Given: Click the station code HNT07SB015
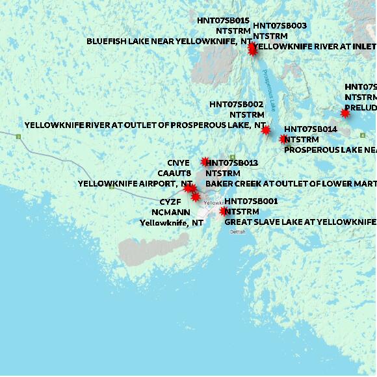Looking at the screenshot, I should (x=223, y=21).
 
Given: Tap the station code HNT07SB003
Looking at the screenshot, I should (x=279, y=26).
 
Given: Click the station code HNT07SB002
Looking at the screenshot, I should (x=236, y=104).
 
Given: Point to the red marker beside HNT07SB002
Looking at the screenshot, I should (x=265, y=130).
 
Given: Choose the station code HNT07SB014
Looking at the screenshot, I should (x=311, y=129).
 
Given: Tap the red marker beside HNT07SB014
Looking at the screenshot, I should (x=283, y=138).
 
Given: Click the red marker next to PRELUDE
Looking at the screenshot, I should (x=345, y=113).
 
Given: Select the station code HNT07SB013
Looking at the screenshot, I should (x=232, y=162).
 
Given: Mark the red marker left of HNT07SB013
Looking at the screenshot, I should (x=205, y=162).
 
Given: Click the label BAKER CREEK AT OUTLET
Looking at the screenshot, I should (x=290, y=184).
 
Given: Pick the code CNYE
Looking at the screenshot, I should (x=178, y=162).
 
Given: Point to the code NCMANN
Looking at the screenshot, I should (x=171, y=212).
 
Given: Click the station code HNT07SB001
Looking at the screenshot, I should (x=251, y=201).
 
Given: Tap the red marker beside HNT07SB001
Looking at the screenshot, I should (x=223, y=211).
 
